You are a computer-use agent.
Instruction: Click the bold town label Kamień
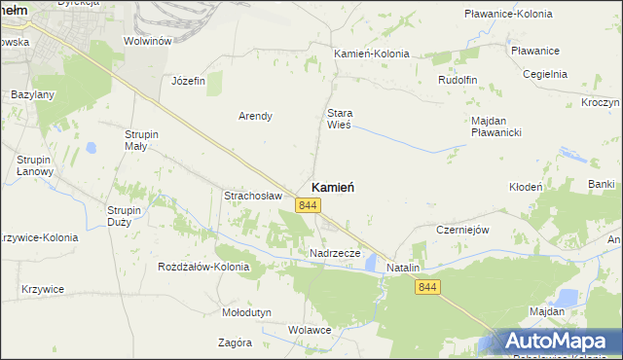pos(332,187)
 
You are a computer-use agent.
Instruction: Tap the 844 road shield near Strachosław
pos(309,204)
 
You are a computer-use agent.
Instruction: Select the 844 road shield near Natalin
pos(427,286)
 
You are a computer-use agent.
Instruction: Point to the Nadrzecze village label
pos(335,253)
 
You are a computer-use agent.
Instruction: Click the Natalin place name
pos(403,267)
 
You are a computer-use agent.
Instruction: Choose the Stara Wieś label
pos(339,119)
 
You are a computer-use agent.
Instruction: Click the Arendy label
pos(255,116)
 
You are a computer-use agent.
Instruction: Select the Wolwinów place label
pos(148,41)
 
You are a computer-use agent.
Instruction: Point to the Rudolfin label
pos(460,80)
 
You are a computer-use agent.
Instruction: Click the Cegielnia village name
pos(545,73)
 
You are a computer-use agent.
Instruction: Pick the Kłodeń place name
pos(526,186)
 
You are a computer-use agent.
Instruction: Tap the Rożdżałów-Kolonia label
pos(203,266)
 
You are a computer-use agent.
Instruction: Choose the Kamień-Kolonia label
pos(371,54)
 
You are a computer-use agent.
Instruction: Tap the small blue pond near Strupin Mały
pos(90,148)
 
